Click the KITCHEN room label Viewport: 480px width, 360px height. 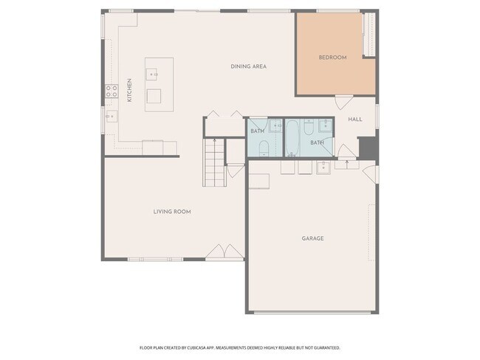pos(129,89)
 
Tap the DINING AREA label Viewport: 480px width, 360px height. pos(248,66)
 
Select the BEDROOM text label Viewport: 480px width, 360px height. pos(332,58)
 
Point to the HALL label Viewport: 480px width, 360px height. pos(355,119)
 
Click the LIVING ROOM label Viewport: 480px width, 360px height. pos(172,212)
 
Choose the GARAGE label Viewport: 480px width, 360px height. pos(312,238)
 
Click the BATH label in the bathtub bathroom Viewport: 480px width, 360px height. pos(317,142)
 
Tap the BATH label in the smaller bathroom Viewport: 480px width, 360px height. pos(257,131)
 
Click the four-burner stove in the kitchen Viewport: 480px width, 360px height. pos(112,91)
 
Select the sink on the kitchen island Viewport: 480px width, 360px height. pos(154,75)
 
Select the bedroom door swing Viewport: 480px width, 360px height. pos(343,103)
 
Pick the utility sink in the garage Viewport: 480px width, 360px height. pos(323,168)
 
